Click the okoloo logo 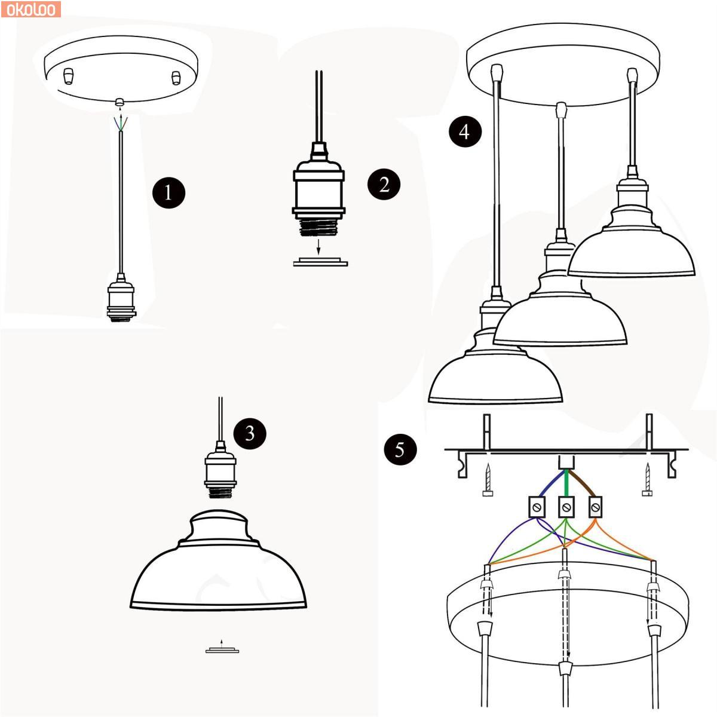[30, 10]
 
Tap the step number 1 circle [168, 193]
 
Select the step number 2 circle [384, 184]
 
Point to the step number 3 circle [250, 433]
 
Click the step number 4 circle [465, 131]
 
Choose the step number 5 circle [400, 449]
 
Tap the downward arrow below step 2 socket [318, 247]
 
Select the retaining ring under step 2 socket [320, 262]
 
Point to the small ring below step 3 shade [222, 650]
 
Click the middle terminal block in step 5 [566, 507]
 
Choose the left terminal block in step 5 [537, 507]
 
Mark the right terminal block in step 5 [595, 507]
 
